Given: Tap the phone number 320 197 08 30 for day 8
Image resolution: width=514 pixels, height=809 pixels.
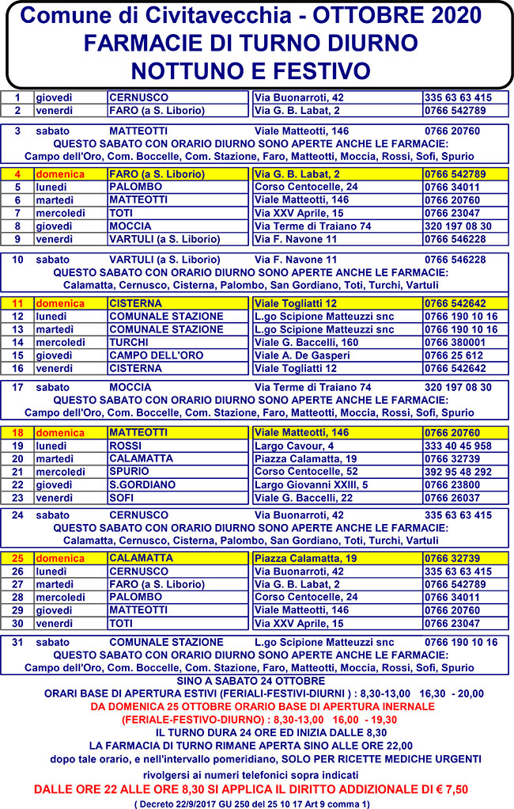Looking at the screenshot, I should pos(458,226).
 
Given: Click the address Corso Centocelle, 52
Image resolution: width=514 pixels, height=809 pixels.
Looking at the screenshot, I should pos(296,471).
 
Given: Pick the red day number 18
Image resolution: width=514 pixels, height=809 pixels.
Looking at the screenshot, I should pos(19,433).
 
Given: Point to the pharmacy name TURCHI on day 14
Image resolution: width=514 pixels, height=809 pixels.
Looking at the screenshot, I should pos(129,342).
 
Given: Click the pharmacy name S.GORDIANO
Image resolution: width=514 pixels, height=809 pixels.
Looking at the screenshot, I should pos(142,484).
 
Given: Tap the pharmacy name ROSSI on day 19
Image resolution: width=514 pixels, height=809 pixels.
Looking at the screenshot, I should pos(125,446).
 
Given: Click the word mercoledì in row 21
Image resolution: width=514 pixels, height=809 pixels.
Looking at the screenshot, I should pos(60,471).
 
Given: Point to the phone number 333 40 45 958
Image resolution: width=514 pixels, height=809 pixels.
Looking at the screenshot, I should pos(458,446).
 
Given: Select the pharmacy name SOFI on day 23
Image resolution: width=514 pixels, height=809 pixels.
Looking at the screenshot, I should pos(123,497).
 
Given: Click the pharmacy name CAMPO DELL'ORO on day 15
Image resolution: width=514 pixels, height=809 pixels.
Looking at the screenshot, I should pos(145,355).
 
